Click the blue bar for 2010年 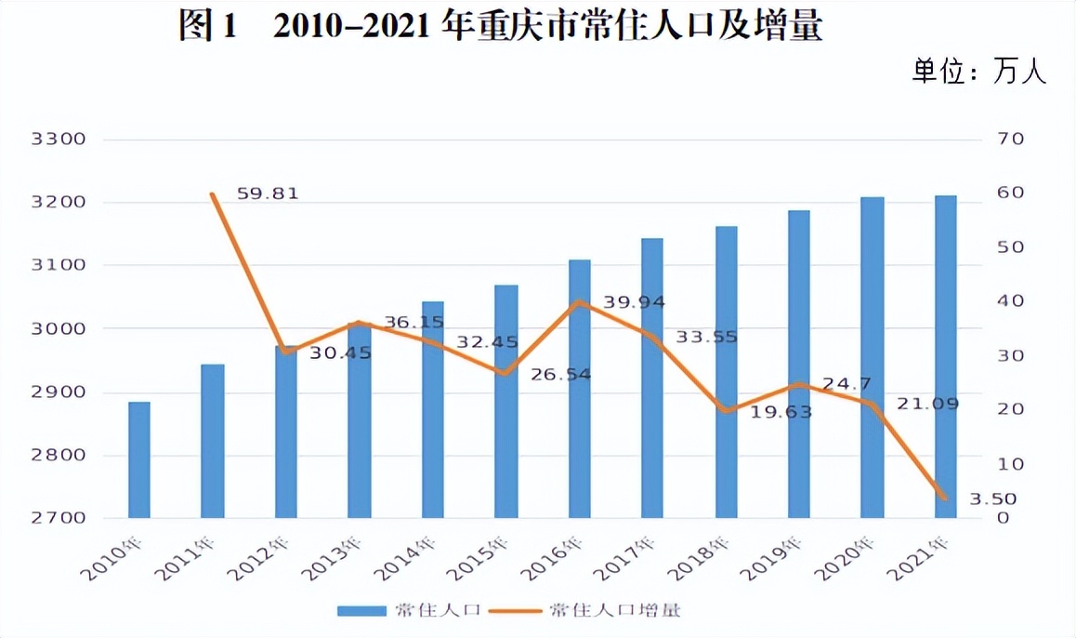[x=139, y=459]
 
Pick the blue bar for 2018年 [x=726, y=371]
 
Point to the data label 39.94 [x=636, y=301]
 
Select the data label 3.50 [x=993, y=499]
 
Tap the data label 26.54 [x=562, y=374]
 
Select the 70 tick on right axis [x=1010, y=140]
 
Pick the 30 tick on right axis [x=1010, y=356]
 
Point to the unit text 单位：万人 [x=979, y=73]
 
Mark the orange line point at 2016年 [x=579, y=301]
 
